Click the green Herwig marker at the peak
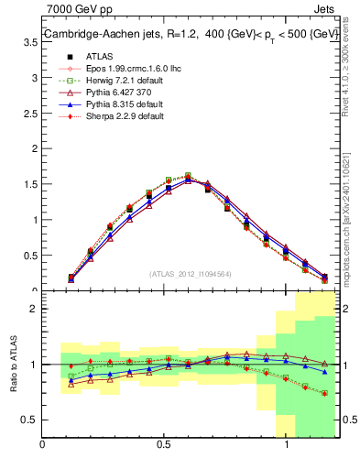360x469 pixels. (187, 175)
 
